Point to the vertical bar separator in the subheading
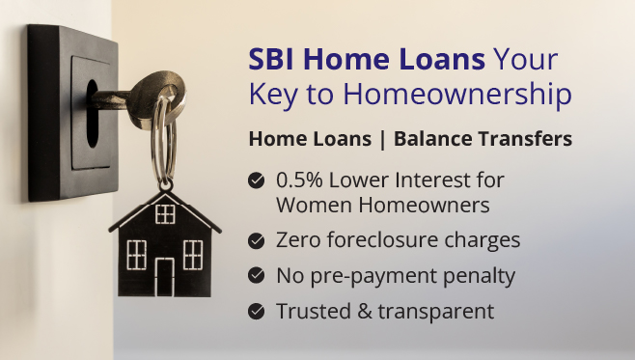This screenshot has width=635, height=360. [384, 139]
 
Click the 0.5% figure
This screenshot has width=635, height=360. [298, 180]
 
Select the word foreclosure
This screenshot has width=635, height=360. [378, 240]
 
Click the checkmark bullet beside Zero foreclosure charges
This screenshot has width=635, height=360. [257, 240]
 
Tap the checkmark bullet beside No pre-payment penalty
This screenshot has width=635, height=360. [257, 275]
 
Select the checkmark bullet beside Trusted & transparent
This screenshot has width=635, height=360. [257, 311]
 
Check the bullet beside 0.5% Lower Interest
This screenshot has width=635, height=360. [257, 180]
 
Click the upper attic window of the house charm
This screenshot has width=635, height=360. [165, 213]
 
